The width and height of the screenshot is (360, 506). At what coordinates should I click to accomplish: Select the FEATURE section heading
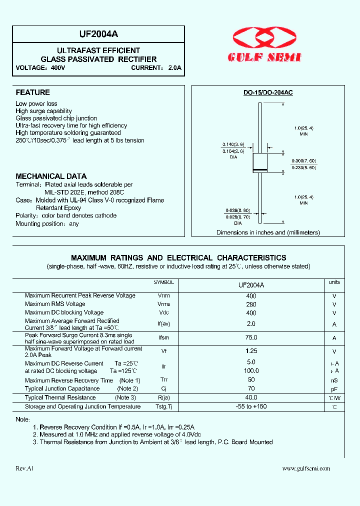pyautogui.click(x=32, y=92)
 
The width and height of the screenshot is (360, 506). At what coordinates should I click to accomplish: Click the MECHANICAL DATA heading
pyautogui.click(x=51, y=176)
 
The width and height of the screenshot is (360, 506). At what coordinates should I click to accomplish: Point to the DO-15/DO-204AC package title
pyautogui.click(x=268, y=93)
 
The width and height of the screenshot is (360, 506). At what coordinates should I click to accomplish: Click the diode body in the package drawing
pyautogui.click(x=260, y=163)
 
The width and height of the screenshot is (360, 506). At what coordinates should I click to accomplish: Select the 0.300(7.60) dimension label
pyautogui.click(x=303, y=160)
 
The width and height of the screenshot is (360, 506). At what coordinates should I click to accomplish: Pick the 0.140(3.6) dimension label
pyautogui.click(x=233, y=144)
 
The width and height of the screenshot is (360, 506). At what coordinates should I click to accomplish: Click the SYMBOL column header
pyautogui.click(x=163, y=282)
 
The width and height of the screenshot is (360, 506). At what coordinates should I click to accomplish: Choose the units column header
pyautogui.click(x=334, y=282)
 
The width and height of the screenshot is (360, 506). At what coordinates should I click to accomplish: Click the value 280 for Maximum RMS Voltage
pyautogui.click(x=251, y=304)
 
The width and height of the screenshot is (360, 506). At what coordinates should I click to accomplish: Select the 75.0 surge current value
pyautogui.click(x=251, y=338)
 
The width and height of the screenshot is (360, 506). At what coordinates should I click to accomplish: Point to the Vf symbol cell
pyautogui.click(x=163, y=351)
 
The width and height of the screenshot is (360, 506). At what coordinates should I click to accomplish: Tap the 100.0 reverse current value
pyautogui.click(x=251, y=371)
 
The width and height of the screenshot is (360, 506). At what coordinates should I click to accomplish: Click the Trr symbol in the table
pyautogui.click(x=163, y=380)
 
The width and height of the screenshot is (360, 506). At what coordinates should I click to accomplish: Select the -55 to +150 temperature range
pyautogui.click(x=251, y=406)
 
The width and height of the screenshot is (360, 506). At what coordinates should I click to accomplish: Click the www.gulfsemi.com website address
pyautogui.click(x=306, y=468)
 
